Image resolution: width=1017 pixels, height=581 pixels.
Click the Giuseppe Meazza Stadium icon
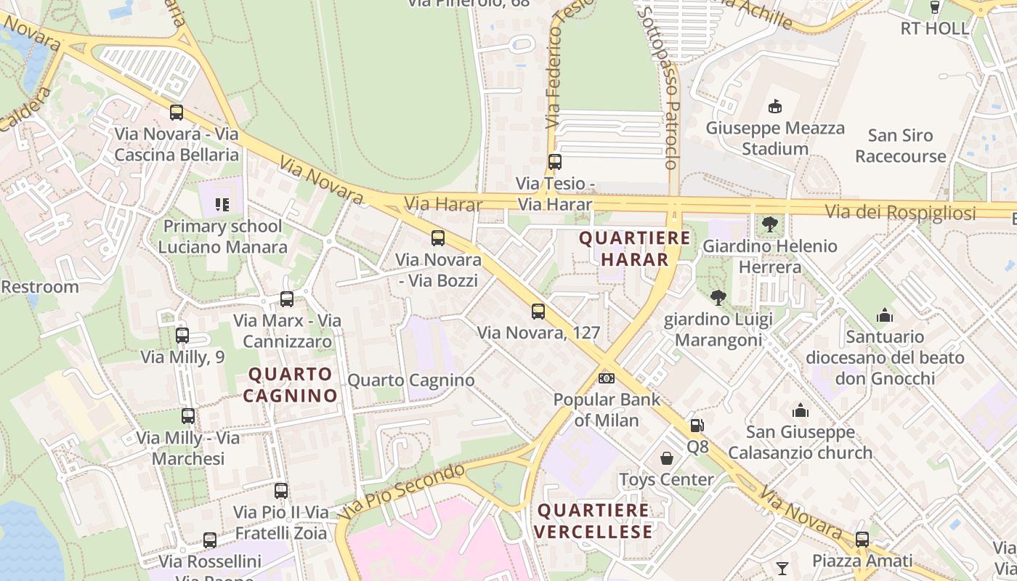pos(775,107)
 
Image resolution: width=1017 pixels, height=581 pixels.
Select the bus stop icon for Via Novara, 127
pos(538,312)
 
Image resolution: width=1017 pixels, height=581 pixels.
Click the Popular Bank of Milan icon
pos(607,378)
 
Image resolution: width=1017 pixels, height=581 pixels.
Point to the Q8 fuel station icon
pos(697,426)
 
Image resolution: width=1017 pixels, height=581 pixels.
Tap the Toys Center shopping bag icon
pos(666,458)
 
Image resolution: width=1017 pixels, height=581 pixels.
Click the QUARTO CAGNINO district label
pos(290,385)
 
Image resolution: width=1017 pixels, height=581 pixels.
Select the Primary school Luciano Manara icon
pos(222,205)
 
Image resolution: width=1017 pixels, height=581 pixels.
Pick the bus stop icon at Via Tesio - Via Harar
pos(555,162)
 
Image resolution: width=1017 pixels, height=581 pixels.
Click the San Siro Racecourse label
pos(900,146)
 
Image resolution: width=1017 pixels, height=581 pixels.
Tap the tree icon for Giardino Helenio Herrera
pos(769,224)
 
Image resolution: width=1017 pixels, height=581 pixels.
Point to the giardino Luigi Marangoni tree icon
pos(718,297)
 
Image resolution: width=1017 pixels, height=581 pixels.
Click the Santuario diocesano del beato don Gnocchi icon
pos(885,315)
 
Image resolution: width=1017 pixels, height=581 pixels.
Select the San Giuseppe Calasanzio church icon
pos(800,411)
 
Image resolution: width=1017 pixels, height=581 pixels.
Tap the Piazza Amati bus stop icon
pos(862,540)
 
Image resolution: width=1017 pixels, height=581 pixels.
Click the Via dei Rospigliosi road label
pos(900,213)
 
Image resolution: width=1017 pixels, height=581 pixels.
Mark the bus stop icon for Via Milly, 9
pos(182,336)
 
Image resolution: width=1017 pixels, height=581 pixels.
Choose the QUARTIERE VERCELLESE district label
pos(593,521)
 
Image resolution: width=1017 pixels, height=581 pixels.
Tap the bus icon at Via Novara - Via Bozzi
pos(438,238)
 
